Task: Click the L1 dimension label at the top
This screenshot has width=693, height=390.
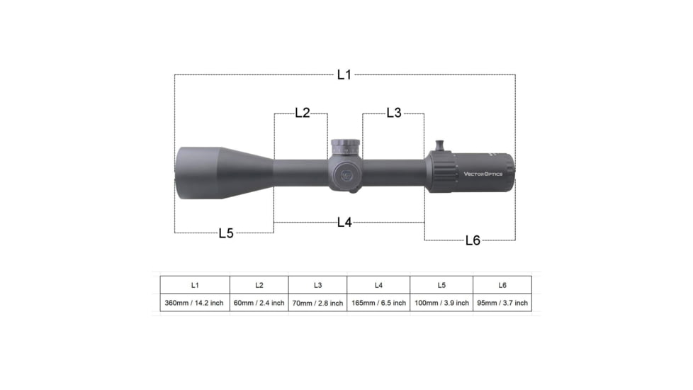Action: coord(344,74)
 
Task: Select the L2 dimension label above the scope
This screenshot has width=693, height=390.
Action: coord(302,113)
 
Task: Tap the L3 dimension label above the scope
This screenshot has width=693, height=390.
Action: coord(393,113)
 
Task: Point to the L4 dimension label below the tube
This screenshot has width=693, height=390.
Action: coord(344,222)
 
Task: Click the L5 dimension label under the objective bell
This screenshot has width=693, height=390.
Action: coord(225,233)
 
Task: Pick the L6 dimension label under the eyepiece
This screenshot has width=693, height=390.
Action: coord(473,240)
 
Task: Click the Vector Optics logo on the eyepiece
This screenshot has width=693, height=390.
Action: coord(483,173)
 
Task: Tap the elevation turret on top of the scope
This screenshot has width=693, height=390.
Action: coord(346,147)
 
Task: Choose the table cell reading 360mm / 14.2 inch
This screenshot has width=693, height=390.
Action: coord(194,303)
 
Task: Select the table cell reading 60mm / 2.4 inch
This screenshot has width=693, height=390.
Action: coord(259,303)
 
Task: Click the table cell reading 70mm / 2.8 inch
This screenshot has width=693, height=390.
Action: coord(317,303)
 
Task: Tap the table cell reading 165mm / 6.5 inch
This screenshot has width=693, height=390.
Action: coord(378,303)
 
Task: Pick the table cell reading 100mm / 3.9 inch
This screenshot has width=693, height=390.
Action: coord(441,303)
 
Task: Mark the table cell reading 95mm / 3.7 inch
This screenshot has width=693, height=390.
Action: coord(502,303)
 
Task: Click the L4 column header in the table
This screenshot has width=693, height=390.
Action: coord(378,285)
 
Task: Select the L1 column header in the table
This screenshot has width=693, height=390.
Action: coord(194,285)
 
